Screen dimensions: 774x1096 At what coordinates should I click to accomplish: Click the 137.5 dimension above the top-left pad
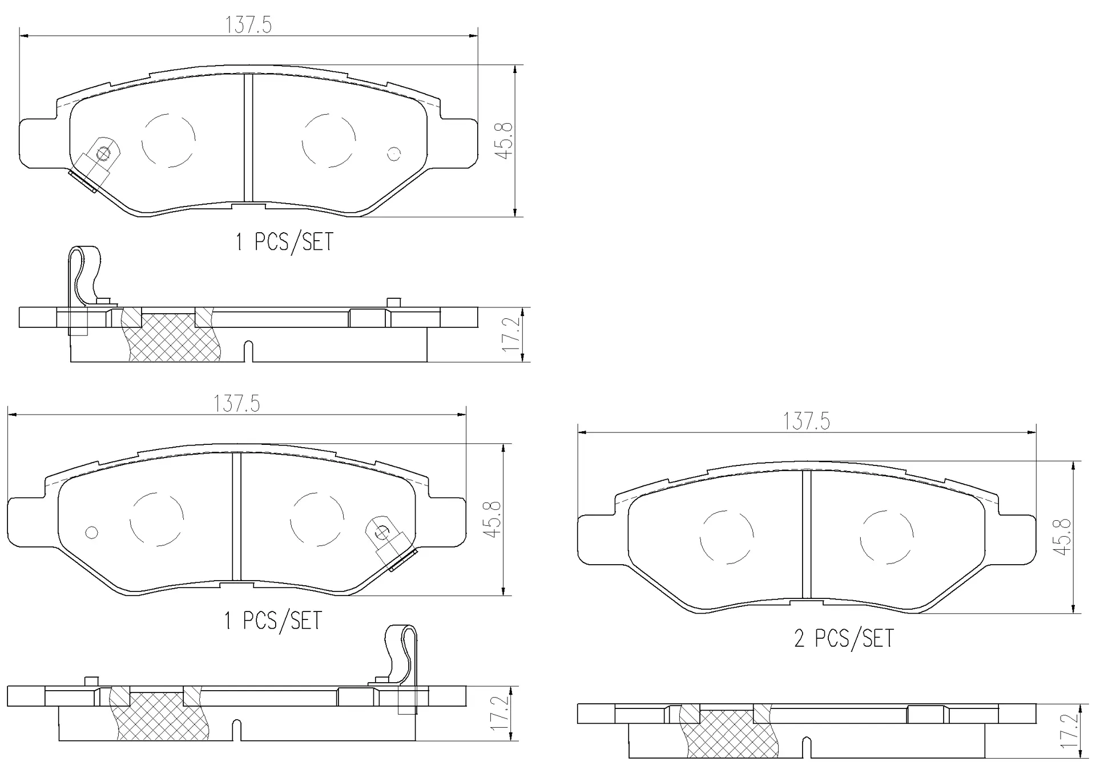click(248, 25)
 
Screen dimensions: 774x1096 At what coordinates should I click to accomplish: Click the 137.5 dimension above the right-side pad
click(806, 422)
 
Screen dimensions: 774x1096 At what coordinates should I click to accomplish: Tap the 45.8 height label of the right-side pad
click(1063, 537)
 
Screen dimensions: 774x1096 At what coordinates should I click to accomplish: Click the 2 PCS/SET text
click(844, 638)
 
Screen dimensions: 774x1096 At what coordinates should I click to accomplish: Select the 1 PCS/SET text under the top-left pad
click(284, 242)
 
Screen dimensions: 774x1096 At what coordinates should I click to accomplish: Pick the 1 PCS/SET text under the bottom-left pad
click(273, 621)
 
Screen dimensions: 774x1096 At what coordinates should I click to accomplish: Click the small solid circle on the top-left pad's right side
click(394, 153)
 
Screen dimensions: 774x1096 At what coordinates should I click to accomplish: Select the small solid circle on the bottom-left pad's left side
click(91, 533)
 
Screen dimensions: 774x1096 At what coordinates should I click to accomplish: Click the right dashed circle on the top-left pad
click(329, 140)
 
